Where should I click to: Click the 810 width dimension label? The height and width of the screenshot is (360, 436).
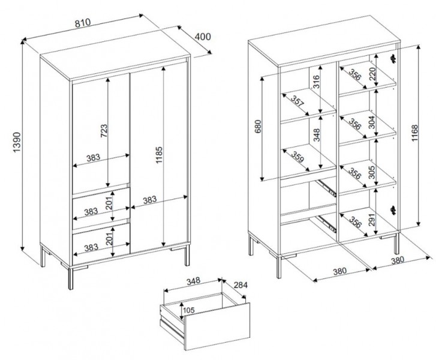[83, 23]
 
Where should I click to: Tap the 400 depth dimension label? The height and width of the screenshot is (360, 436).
[203, 37]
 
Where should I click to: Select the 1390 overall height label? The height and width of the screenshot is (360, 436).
[17, 142]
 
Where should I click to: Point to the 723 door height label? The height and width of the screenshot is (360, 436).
[103, 131]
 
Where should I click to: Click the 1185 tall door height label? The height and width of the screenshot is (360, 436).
[159, 155]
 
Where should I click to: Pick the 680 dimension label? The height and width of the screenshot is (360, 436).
[258, 127]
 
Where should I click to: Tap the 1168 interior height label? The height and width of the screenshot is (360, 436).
[414, 133]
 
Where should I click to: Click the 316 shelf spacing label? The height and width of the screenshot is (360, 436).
[317, 82]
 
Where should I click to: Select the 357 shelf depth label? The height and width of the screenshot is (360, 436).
[297, 101]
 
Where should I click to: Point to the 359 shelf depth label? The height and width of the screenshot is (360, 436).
[297, 157]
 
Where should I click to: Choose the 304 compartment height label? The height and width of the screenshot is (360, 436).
[372, 122]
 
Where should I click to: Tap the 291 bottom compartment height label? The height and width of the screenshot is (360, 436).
[372, 220]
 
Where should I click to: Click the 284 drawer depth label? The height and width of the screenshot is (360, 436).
[240, 284]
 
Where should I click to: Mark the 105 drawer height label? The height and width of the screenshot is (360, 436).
[189, 310]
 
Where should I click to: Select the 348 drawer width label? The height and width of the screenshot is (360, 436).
[193, 281]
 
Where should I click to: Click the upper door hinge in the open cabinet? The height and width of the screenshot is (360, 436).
[393, 59]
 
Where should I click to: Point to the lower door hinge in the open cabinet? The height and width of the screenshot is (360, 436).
[393, 210]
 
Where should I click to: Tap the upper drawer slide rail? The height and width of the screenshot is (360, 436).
[327, 188]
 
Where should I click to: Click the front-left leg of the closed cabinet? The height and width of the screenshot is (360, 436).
[71, 278]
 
